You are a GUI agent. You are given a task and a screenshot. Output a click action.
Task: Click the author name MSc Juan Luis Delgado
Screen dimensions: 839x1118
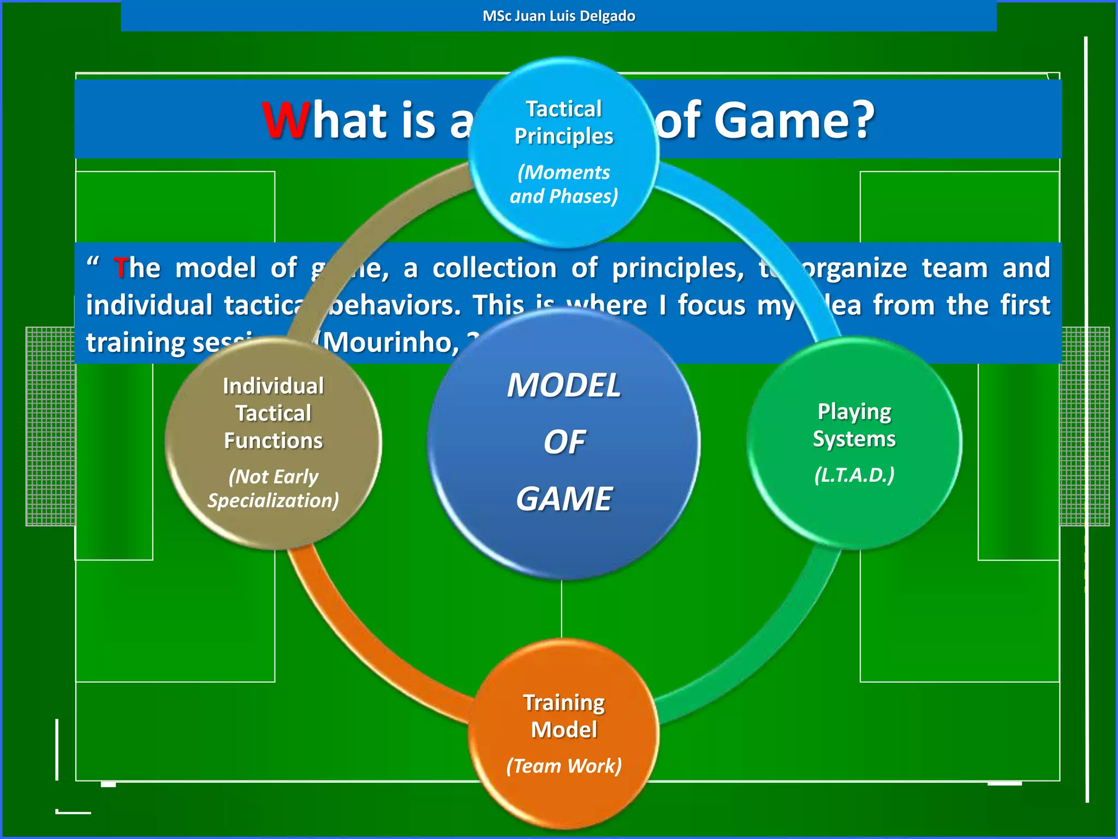pos(558,16)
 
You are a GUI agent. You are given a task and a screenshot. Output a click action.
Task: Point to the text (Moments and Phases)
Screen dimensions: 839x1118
pos(564,184)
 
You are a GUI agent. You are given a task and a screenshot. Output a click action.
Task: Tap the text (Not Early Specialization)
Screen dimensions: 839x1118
pos(273,488)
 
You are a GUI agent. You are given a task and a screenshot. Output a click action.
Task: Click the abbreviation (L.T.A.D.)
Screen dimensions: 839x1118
pos(854,475)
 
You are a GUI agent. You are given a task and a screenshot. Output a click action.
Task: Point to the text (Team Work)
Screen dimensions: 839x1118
pos(564,766)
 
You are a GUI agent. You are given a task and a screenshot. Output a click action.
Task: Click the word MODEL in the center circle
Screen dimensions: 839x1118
pos(564,386)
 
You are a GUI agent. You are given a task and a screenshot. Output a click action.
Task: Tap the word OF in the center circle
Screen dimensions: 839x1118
pos(564,442)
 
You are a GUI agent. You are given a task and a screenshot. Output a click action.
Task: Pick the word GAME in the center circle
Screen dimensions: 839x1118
pos(564,499)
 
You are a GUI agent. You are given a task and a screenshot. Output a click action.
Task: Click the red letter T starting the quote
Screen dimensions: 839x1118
pos(120,268)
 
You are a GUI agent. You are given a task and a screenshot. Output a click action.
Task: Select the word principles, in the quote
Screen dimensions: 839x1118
pos(677,268)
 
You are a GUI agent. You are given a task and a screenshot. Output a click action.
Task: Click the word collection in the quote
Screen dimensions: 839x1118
pos(495,268)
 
